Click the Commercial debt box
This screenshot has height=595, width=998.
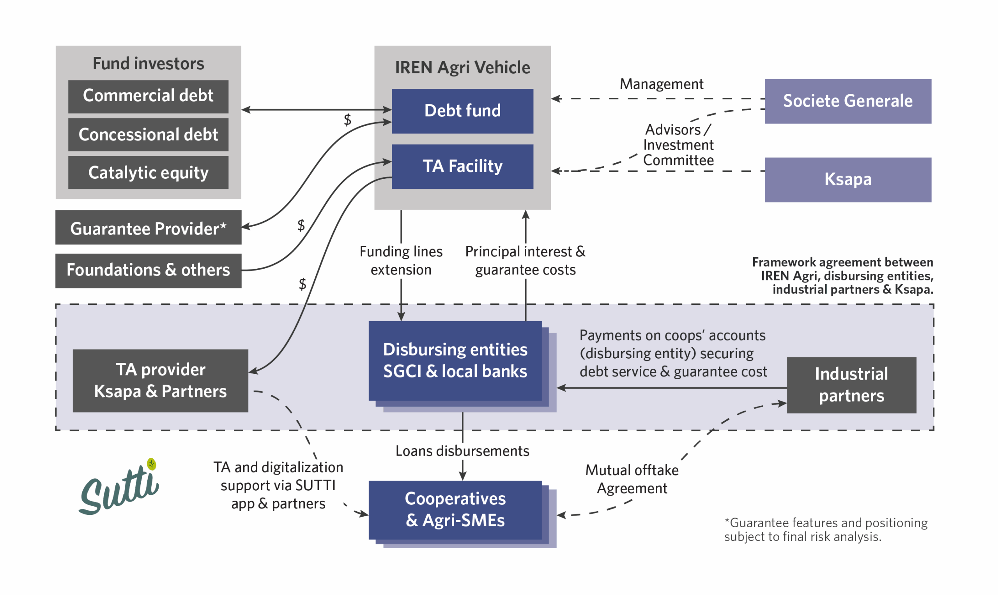(148, 96)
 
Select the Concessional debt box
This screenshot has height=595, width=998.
(148, 134)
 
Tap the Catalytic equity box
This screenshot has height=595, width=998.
(148, 173)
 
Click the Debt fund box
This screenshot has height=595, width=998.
(462, 111)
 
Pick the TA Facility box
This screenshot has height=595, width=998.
(462, 166)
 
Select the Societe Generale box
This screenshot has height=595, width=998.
(848, 101)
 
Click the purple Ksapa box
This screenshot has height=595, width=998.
(848, 179)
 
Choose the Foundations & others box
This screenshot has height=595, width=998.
(148, 271)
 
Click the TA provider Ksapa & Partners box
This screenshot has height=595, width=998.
(160, 380)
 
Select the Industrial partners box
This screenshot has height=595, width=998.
(851, 385)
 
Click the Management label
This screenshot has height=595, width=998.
(661, 84)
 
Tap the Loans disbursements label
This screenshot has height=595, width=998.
(462, 451)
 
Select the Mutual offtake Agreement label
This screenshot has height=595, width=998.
(632, 479)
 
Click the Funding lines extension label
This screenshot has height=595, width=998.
(401, 261)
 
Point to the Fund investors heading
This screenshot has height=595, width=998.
(148, 63)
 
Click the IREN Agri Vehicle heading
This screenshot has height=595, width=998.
(462, 67)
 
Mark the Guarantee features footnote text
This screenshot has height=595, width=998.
(825, 530)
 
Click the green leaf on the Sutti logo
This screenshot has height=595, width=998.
(151, 464)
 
